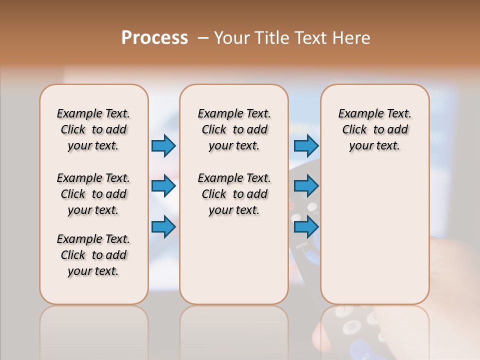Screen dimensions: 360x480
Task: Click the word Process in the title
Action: pos(154,38)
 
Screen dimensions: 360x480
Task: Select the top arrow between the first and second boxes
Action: pos(163,145)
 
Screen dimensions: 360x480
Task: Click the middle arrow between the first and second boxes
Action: pos(163,186)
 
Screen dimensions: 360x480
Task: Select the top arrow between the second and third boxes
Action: pos(306,145)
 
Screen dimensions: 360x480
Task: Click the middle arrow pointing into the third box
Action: pos(306,186)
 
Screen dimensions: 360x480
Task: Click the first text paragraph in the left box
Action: pos(93,129)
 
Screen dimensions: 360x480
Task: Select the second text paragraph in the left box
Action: pos(93,194)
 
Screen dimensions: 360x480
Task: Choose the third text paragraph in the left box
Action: pos(93,255)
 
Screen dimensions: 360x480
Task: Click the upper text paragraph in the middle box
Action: pos(234,129)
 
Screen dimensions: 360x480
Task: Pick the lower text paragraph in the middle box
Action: pos(234,194)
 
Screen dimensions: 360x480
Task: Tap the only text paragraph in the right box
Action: pos(374,129)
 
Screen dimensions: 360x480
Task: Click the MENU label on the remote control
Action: pos(301,245)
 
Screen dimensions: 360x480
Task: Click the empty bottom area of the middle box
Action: pos(234,265)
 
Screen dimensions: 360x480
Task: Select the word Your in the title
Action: pos(232,38)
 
